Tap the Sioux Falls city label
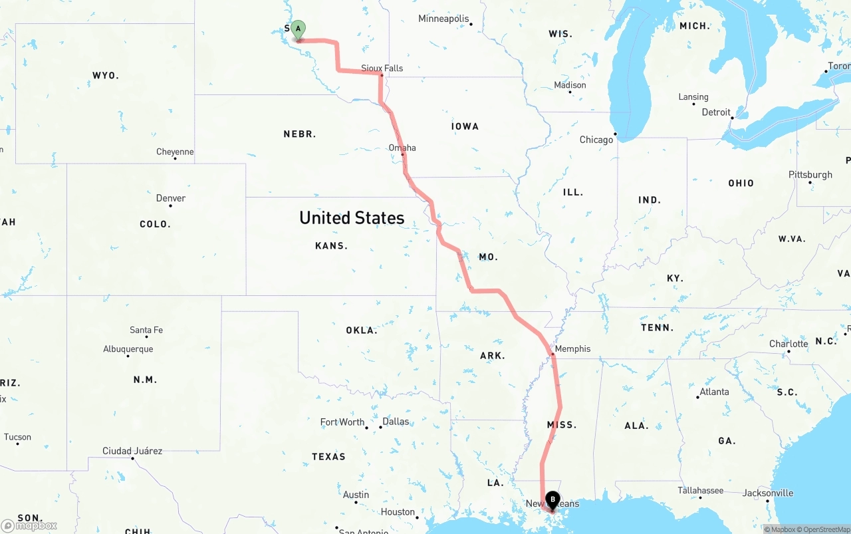coord(382,68)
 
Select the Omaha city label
coord(402,148)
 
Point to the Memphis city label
coord(572,348)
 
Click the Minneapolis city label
coord(443,19)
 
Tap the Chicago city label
coord(596,140)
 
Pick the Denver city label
coord(171,198)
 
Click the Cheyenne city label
coord(175,152)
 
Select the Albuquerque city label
coord(128,349)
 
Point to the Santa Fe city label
coord(146,330)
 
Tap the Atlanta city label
coord(715,392)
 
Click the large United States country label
coord(352,217)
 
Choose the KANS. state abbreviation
coord(331,246)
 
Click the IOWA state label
coord(465,126)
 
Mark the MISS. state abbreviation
coord(562,425)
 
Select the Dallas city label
coord(396,422)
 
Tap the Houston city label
coord(398,511)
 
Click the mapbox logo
coord(29,525)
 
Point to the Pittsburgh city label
coord(810,175)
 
